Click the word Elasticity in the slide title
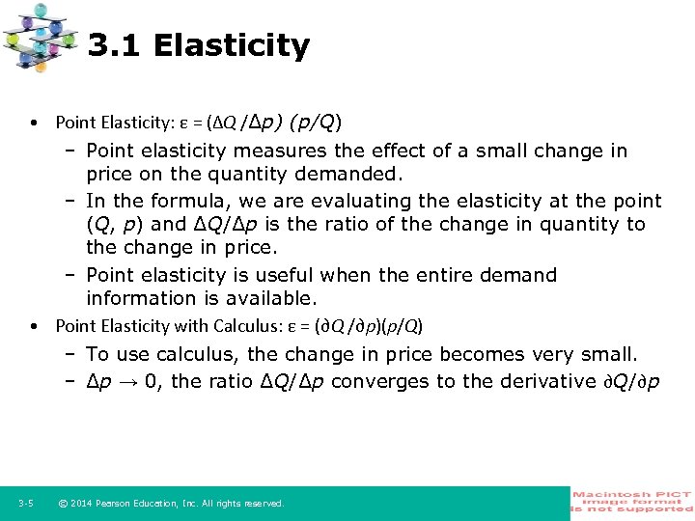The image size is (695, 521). point(232,45)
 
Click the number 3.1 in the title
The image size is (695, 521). point(114,45)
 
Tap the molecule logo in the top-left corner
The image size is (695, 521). point(40,37)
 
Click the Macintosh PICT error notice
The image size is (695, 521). point(631,502)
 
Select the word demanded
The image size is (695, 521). point(352,175)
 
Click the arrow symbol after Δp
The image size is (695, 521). point(125,381)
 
